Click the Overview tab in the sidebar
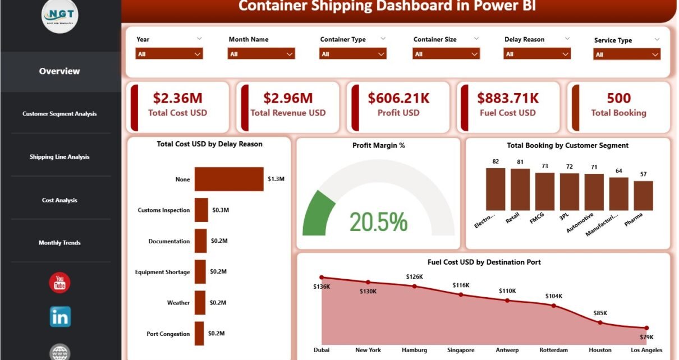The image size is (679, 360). click(x=59, y=71)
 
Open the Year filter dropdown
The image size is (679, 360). click(x=169, y=54)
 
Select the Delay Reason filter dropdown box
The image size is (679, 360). click(x=537, y=54)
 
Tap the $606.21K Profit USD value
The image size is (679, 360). click(x=398, y=98)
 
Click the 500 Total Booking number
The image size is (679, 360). click(x=618, y=98)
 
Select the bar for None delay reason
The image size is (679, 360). click(x=229, y=179)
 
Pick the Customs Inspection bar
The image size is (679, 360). click(x=201, y=210)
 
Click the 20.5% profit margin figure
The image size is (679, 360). click(x=378, y=222)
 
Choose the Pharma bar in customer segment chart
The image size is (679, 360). click(x=643, y=195)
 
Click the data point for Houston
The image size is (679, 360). click(x=600, y=322)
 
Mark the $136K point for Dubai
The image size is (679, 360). click(x=322, y=277)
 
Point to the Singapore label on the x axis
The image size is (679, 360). click(x=461, y=349)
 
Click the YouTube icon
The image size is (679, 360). click(x=59, y=283)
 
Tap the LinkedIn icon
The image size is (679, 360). click(x=60, y=317)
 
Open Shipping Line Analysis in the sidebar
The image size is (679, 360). click(x=59, y=157)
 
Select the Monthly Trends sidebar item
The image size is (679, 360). click(x=59, y=243)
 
